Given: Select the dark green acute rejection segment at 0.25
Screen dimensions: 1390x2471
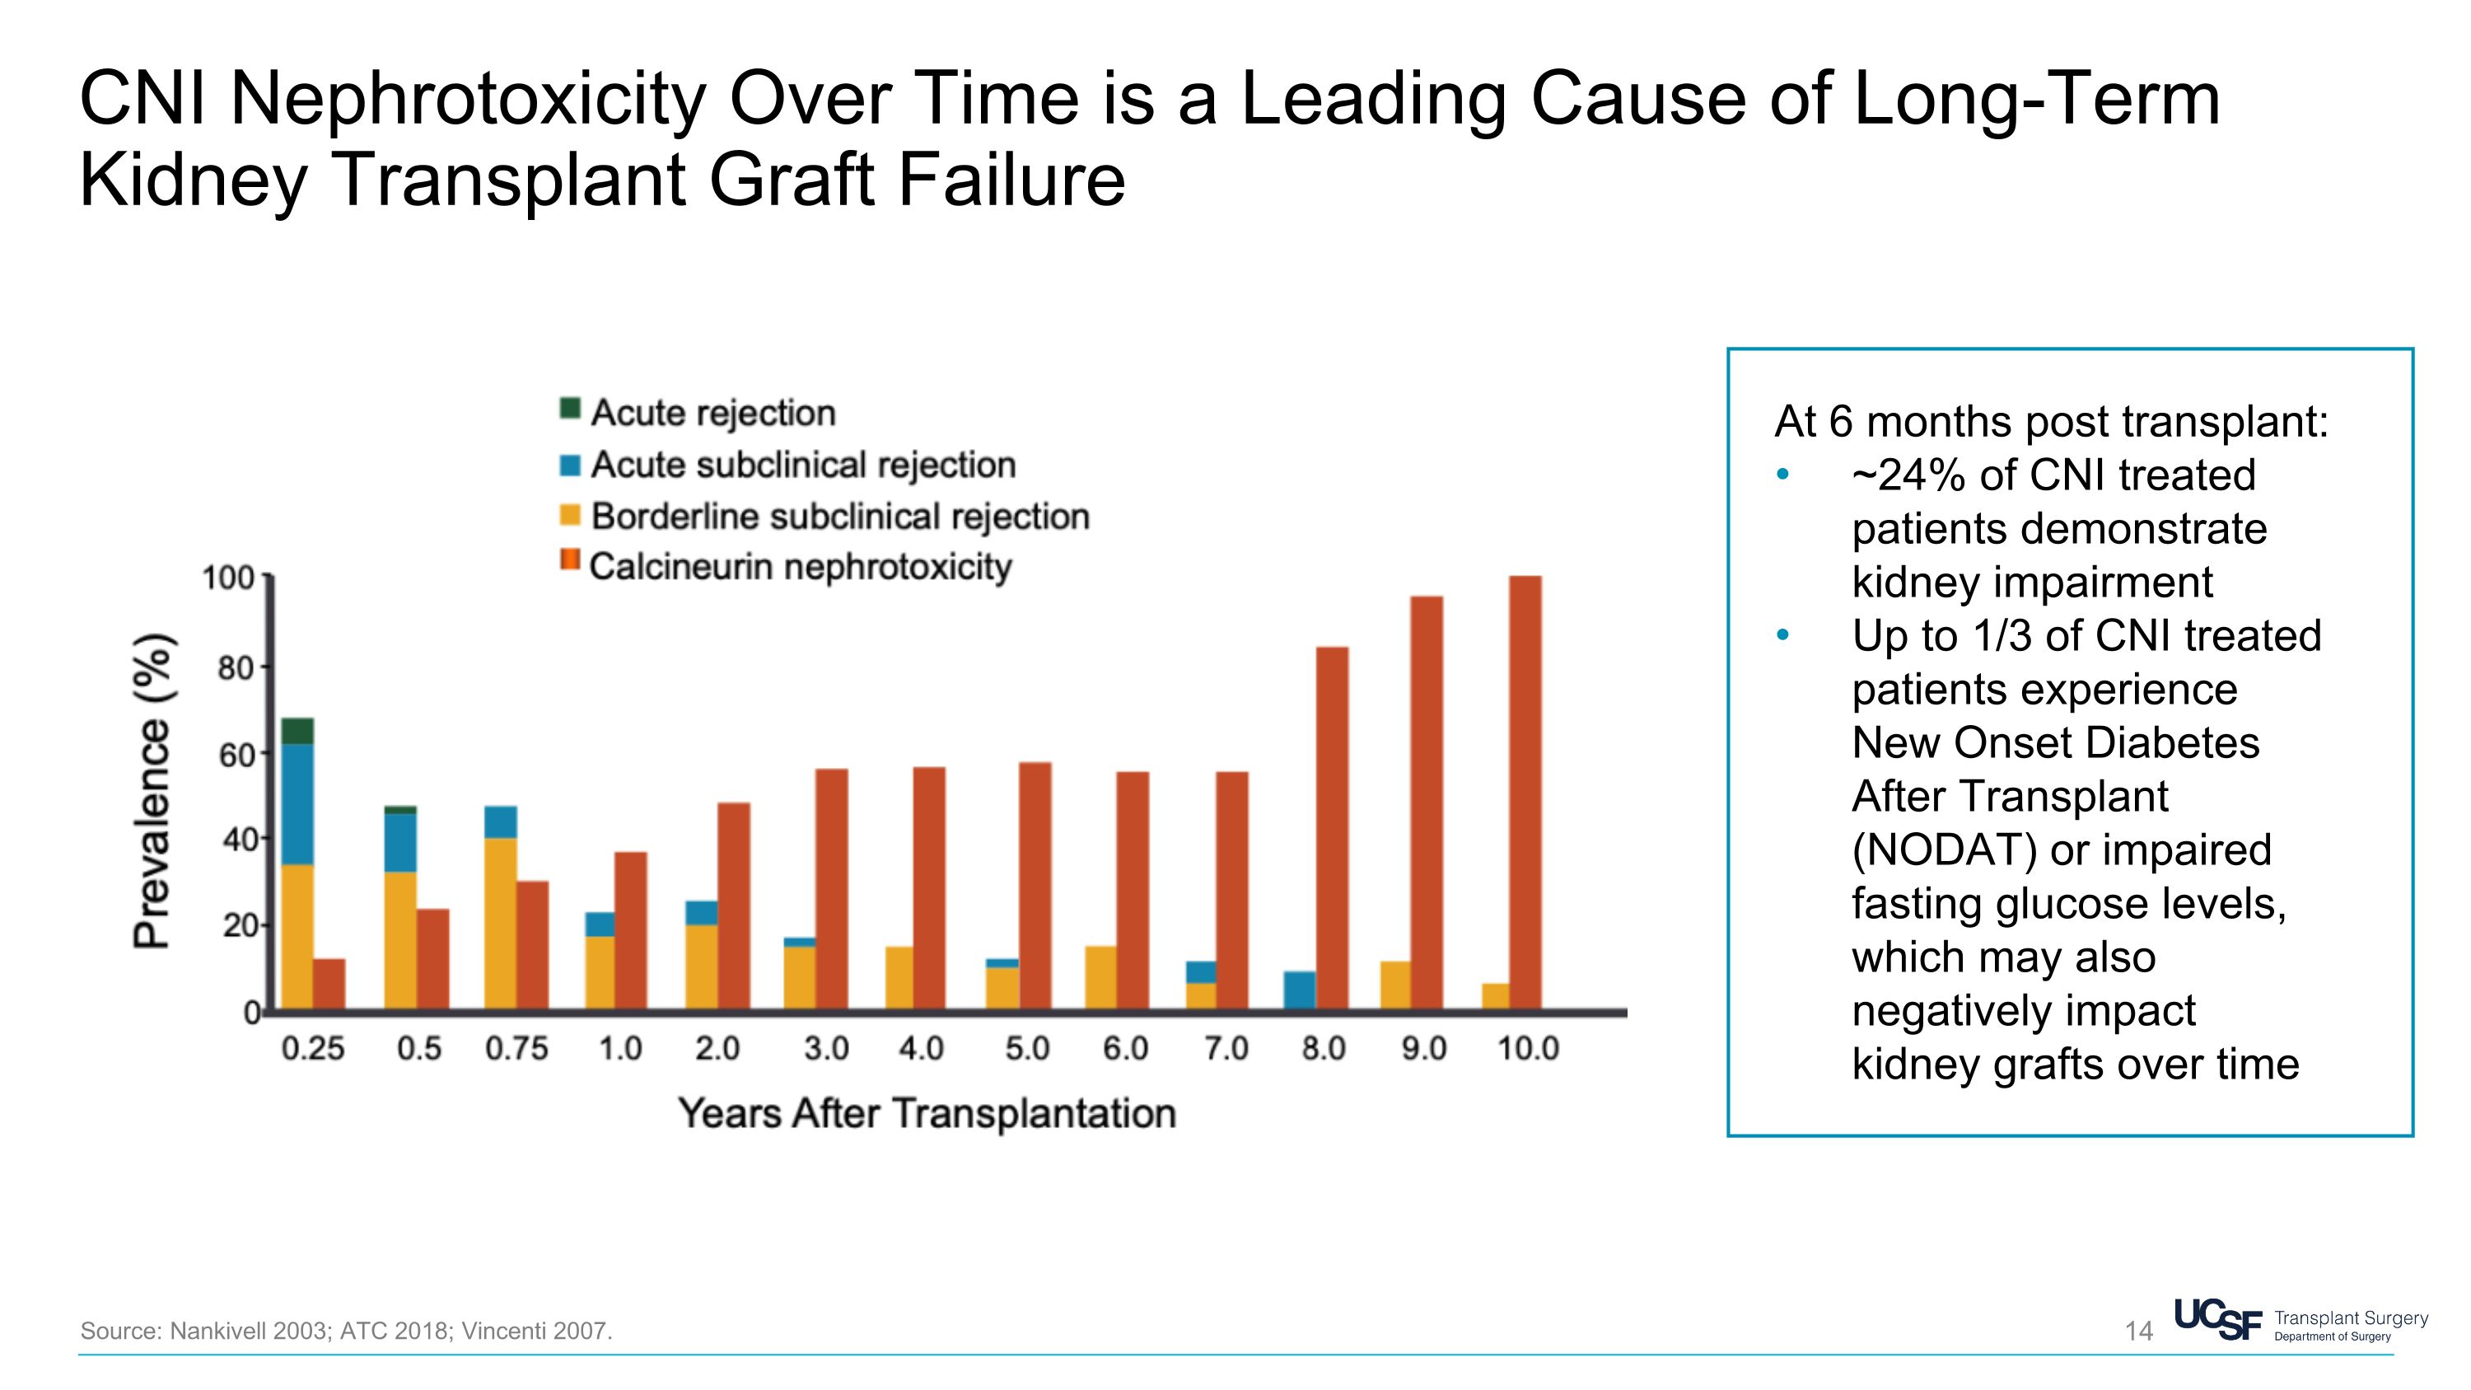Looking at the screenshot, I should point(297,730).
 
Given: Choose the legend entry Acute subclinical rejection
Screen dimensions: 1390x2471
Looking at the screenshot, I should point(802,466).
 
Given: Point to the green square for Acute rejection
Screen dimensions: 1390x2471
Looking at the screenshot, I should point(570,409).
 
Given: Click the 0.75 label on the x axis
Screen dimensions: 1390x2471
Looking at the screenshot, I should point(516,1049).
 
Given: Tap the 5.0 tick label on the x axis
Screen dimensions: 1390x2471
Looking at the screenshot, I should point(1026,1049).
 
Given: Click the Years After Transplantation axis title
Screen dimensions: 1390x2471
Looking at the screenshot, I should point(927,1114).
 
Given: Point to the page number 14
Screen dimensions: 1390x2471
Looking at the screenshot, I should point(2138,1331).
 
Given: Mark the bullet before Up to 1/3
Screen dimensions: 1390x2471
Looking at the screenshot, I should point(1782,635).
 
